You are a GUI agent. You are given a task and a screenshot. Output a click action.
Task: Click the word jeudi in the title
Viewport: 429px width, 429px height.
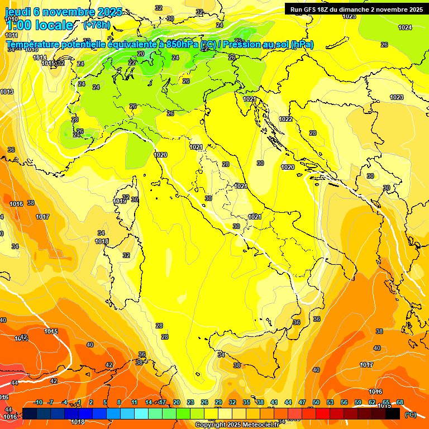click(x=18, y=12)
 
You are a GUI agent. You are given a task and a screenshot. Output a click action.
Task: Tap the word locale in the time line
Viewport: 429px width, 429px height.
click(x=54, y=25)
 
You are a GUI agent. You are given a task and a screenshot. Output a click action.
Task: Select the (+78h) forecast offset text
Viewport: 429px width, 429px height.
click(x=97, y=25)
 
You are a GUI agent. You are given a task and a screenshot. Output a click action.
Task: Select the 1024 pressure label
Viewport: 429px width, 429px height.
click(x=405, y=27)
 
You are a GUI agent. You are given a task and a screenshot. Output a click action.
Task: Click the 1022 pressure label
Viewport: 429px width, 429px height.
click(x=285, y=119)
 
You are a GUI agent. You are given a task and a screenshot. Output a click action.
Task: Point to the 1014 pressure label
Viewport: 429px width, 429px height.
click(x=40, y=58)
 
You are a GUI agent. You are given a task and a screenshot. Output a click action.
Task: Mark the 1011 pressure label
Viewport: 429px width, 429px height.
click(x=11, y=35)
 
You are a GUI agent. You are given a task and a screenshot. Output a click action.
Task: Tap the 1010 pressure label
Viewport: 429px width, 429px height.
click(x=11, y=19)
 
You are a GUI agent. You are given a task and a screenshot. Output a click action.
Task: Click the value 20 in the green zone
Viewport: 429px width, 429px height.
click(x=141, y=54)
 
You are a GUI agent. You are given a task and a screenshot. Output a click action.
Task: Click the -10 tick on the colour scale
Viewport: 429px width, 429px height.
click(x=38, y=402)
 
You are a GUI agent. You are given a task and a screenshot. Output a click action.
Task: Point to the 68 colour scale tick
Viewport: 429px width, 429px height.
click(x=400, y=402)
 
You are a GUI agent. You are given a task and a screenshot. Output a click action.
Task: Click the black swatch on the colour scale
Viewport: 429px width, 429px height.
click(x=393, y=413)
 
